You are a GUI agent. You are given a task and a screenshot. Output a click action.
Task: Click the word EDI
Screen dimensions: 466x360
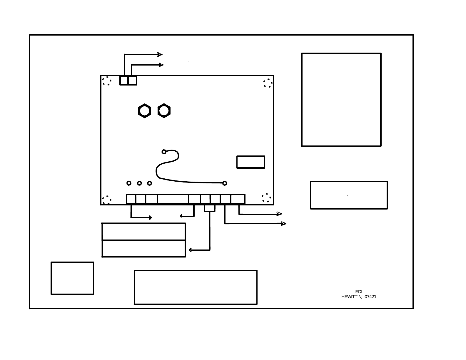coord(359,292)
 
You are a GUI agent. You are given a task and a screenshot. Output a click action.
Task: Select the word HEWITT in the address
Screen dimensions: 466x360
coord(349,297)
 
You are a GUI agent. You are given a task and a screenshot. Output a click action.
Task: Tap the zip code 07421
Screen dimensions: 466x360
coord(370,297)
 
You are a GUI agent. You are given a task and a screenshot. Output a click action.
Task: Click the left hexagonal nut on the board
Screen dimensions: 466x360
coord(145,111)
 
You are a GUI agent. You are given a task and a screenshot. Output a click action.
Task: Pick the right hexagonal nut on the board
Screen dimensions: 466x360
coord(164,111)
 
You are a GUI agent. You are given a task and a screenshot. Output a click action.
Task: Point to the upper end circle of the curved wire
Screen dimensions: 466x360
coord(164,152)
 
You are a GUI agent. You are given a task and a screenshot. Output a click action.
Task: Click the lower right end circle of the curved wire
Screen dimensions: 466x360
coord(225,183)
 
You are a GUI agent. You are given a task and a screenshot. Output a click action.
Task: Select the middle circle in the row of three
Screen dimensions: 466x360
coord(139,183)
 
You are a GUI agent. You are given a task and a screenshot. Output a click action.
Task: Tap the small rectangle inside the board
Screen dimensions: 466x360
coord(251,162)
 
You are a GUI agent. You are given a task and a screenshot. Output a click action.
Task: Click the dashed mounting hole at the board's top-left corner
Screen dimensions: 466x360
coord(107,81)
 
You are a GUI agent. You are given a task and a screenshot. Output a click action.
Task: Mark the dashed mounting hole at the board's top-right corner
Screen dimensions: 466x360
coord(268,83)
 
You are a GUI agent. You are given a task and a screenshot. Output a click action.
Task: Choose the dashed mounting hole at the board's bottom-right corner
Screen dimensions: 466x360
coord(266,198)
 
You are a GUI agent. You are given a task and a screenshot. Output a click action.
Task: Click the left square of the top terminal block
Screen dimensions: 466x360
coord(124,81)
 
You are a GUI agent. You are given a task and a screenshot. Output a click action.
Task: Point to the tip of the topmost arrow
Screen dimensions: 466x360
coord(162,54)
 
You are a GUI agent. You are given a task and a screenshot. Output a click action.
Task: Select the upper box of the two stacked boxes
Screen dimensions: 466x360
coord(143,232)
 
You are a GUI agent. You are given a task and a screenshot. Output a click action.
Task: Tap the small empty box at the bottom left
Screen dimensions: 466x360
coord(72,278)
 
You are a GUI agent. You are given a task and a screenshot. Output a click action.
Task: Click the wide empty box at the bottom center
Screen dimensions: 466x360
coord(196,287)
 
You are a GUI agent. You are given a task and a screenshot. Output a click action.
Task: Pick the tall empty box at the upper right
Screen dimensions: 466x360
coord(341,100)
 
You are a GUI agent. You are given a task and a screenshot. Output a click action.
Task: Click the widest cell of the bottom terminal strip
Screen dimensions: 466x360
coord(173,199)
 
